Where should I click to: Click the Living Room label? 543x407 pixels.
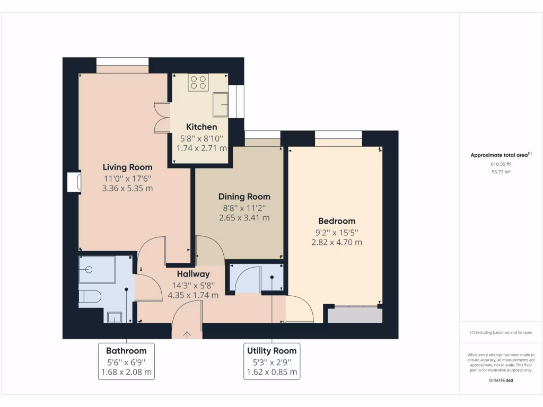[127, 167]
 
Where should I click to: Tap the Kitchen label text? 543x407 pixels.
[202, 127]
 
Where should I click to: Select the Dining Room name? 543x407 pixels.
[244, 197]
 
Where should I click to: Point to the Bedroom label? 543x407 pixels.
[337, 221]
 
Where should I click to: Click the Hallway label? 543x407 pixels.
[193, 274]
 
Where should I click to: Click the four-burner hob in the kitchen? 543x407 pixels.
[198, 82]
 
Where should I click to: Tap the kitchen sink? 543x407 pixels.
[220, 104]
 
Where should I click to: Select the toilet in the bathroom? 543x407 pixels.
[89, 297]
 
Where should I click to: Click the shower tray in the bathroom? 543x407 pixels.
[98, 270]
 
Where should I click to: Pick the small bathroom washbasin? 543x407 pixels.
[113, 317]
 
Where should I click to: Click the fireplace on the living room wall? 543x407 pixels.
[74, 181]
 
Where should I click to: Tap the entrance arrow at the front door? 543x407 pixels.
[187, 334]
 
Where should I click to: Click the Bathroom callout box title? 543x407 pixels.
[126, 351]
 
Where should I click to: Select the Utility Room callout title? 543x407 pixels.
[272, 351]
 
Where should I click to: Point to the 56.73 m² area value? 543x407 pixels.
[501, 172]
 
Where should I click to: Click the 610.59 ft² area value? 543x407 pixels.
[501, 164]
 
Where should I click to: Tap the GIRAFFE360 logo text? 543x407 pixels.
[501, 381]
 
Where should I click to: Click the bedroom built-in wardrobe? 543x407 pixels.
[355, 315]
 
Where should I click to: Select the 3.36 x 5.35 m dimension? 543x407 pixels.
[127, 188]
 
